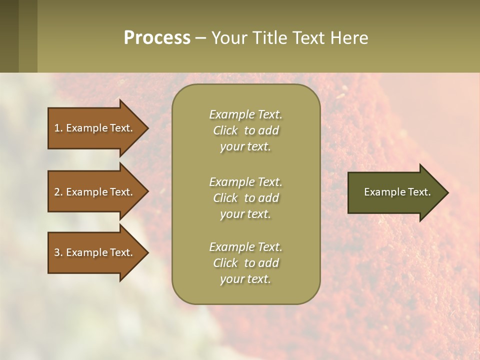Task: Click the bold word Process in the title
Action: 157,38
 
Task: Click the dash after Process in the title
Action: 200,38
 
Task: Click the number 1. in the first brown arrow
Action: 58,128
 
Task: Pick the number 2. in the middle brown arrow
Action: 58,192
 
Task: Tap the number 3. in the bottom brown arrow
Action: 58,252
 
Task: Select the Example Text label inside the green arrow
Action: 397,192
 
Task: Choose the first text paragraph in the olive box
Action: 245,130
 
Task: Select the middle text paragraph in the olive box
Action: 245,198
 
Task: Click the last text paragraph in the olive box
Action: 245,263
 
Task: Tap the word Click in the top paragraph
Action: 225,130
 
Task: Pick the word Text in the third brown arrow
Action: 121,252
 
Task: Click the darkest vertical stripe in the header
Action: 9,36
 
